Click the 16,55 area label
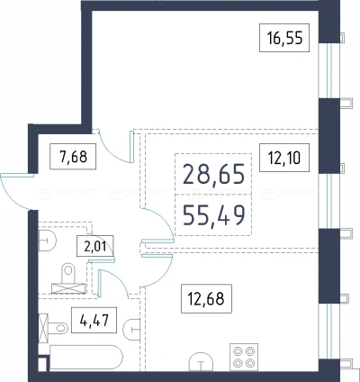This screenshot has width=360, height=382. tap(284, 38)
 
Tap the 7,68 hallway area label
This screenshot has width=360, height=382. tap(73, 157)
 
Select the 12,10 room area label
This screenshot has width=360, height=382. tap(284, 158)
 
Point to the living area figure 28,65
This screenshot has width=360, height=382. tap(213, 174)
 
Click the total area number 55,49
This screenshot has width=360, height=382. tap(213, 215)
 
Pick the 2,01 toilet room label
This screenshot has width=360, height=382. tap(95, 246)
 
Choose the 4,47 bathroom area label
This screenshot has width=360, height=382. tap(94, 320)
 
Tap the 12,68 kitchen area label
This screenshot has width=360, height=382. tap(206, 298)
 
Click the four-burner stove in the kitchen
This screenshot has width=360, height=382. tap(244, 357)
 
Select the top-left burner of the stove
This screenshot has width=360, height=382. tap(238, 350)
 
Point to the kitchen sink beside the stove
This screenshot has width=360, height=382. tap(201, 362)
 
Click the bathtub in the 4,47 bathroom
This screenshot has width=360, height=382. tap(86, 357)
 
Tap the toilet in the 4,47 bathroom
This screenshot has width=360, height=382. tap(57, 328)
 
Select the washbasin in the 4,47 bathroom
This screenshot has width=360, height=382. tap(131, 330)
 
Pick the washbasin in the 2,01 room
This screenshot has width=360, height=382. tap(48, 241)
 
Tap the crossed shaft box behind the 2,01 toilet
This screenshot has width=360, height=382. tap(68, 288)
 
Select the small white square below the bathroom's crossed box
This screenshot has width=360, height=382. tap(42, 364)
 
